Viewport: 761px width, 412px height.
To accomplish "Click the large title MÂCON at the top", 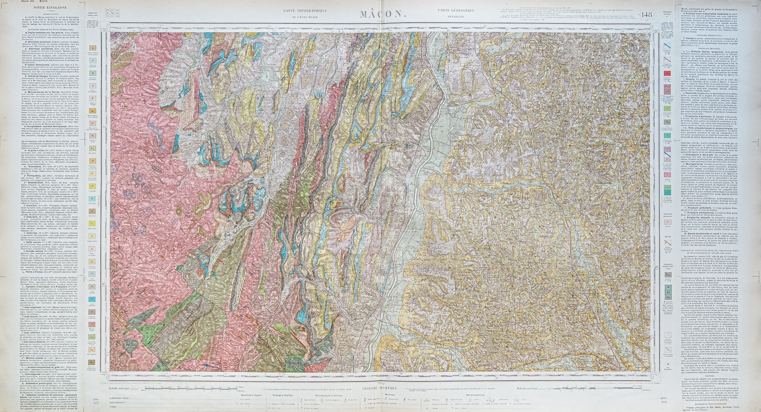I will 382,14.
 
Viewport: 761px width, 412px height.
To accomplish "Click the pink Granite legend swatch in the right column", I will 667,174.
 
